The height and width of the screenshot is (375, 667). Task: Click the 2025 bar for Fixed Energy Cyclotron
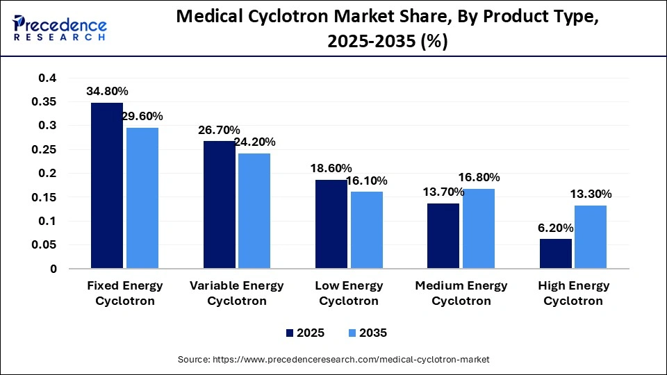coord(107,185)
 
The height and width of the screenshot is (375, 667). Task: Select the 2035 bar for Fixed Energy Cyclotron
coord(142,198)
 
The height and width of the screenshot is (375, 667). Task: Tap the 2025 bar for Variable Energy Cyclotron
coord(220,205)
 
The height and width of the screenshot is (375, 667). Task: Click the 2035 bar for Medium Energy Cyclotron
coord(478,228)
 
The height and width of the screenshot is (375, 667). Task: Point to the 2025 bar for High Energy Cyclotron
coord(556,253)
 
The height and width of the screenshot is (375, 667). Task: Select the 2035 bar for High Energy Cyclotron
coord(591,237)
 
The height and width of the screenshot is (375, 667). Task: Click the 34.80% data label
coord(107,91)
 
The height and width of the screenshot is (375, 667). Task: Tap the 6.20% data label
coord(556,227)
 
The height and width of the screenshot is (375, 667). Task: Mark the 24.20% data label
coord(254,142)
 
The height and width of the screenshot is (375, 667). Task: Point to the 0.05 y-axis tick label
coord(44,245)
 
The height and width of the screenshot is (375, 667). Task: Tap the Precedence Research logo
coord(60,28)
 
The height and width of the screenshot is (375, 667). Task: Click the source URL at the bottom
coord(333,359)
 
